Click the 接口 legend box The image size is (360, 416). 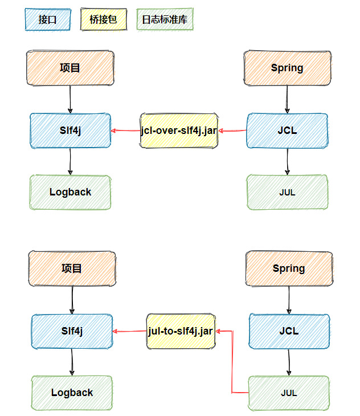(48, 19)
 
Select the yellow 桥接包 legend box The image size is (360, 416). (103, 19)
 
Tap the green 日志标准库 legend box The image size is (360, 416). (165, 19)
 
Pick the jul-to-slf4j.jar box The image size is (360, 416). (181, 331)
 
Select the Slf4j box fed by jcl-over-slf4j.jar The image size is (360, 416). (70, 130)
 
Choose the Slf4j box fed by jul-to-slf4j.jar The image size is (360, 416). (72, 331)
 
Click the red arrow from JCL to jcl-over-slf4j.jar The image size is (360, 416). (233, 131)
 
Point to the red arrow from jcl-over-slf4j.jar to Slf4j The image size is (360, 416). (126, 131)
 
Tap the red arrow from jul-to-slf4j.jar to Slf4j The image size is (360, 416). (130, 331)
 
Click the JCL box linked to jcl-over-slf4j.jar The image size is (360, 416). (287, 130)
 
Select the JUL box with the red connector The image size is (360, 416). (289, 393)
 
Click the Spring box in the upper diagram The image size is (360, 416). (287, 68)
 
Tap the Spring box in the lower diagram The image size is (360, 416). (289, 268)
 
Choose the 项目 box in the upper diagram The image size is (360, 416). (70, 68)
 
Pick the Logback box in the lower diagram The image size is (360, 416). (72, 393)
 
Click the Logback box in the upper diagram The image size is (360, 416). (70, 192)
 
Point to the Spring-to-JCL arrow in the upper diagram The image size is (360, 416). (287, 99)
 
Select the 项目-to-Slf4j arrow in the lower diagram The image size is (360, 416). (72, 300)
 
